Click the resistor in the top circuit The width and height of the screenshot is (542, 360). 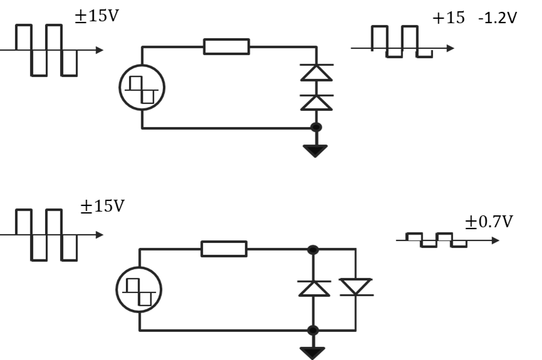(x=227, y=46)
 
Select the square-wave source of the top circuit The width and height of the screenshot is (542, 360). (x=142, y=87)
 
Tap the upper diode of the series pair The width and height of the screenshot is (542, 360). (x=316, y=72)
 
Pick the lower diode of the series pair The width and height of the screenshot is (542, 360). (x=316, y=103)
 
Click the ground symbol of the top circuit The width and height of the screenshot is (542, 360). (x=315, y=150)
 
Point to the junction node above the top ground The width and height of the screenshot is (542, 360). (x=316, y=128)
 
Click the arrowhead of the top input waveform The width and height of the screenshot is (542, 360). (x=100, y=50)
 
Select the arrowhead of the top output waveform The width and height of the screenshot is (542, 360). (x=451, y=48)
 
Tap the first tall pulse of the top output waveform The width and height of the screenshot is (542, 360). (x=380, y=38)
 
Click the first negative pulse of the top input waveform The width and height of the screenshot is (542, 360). (x=39, y=63)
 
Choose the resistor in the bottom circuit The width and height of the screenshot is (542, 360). (x=224, y=249)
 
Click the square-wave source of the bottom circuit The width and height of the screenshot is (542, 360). (x=139, y=290)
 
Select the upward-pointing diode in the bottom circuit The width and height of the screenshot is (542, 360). (x=314, y=288)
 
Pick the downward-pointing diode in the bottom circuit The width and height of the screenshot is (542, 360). (x=356, y=287)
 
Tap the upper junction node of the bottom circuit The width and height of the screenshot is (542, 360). (x=313, y=250)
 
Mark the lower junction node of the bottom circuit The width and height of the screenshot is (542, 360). (x=313, y=330)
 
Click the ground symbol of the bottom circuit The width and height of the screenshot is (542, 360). (x=312, y=352)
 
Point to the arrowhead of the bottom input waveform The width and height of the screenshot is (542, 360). (x=100, y=235)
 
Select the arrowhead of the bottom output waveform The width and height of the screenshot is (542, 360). (x=496, y=240)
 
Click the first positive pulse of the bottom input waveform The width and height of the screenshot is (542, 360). (x=24, y=222)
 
